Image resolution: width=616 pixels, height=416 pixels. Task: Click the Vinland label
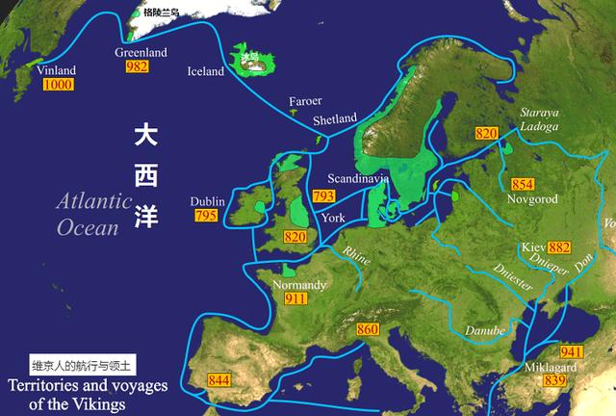coord(56,71)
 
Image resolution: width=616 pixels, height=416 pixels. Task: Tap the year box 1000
coord(57,85)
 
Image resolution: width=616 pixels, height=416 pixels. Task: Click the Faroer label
coord(306,101)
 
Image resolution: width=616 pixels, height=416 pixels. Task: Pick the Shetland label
coord(335,121)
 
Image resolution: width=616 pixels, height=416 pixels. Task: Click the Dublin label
coord(207,201)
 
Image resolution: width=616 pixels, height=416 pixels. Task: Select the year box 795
coord(206,216)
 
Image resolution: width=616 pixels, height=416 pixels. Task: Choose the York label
coord(334,218)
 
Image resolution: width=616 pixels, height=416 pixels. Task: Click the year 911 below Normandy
coord(295,300)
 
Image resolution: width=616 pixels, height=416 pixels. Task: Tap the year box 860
coord(368,331)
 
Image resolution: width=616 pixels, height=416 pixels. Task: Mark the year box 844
coord(220,379)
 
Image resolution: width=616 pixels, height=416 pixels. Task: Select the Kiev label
coord(530,247)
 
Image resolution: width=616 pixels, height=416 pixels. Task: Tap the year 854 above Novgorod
coord(523,184)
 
